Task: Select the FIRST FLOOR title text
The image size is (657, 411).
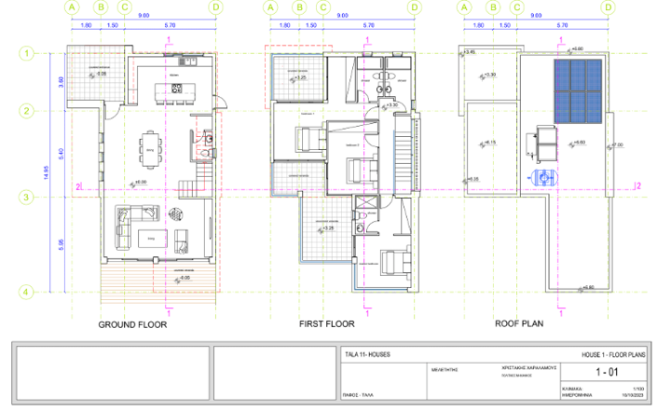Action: click(327, 325)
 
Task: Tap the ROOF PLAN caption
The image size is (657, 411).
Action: click(519, 325)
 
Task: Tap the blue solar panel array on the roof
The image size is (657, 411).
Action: click(577, 91)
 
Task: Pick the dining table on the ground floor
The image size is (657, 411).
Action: click(149, 145)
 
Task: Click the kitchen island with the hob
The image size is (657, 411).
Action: click(176, 89)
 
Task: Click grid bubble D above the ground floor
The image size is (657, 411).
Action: click(216, 7)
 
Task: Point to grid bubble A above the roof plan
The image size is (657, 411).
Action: click(463, 7)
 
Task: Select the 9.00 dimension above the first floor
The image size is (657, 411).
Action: click(342, 16)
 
